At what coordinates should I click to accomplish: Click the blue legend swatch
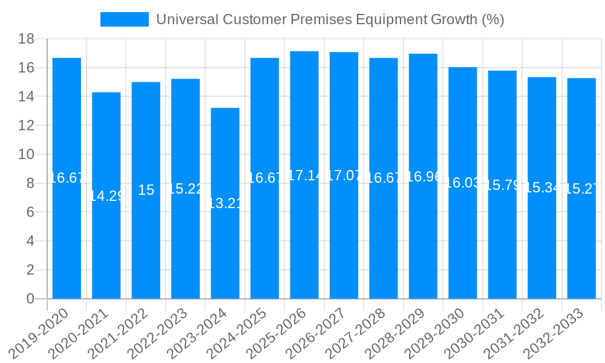(124, 19)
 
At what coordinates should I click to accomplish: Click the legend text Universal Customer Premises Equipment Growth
(330, 19)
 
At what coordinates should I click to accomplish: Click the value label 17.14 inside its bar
(304, 176)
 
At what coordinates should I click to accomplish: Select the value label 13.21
(225, 203)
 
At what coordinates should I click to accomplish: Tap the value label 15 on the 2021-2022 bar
(146, 190)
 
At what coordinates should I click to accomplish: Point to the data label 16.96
(423, 177)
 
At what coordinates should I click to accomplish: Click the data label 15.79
(502, 186)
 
